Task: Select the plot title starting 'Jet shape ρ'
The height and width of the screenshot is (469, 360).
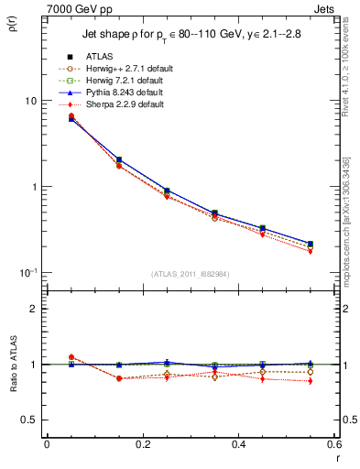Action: click(x=191, y=35)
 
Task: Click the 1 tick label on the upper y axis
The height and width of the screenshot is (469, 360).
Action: click(x=34, y=187)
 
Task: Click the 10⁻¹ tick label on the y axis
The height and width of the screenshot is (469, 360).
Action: click(x=28, y=272)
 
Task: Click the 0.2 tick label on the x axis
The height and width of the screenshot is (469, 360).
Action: click(x=142, y=444)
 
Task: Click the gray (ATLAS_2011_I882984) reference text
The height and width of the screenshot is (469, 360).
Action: click(x=191, y=274)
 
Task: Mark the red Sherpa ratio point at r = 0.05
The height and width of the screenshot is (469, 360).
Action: click(x=71, y=357)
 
